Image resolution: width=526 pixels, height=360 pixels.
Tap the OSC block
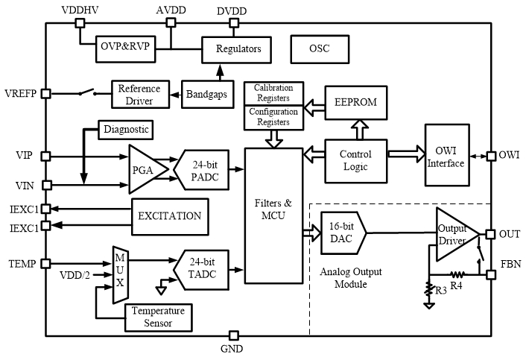coord(318,49)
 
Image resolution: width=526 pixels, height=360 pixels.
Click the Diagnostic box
coord(124,130)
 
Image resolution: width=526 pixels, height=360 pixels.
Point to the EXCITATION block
coord(169,216)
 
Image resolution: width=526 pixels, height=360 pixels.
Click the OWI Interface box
coord(446,157)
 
